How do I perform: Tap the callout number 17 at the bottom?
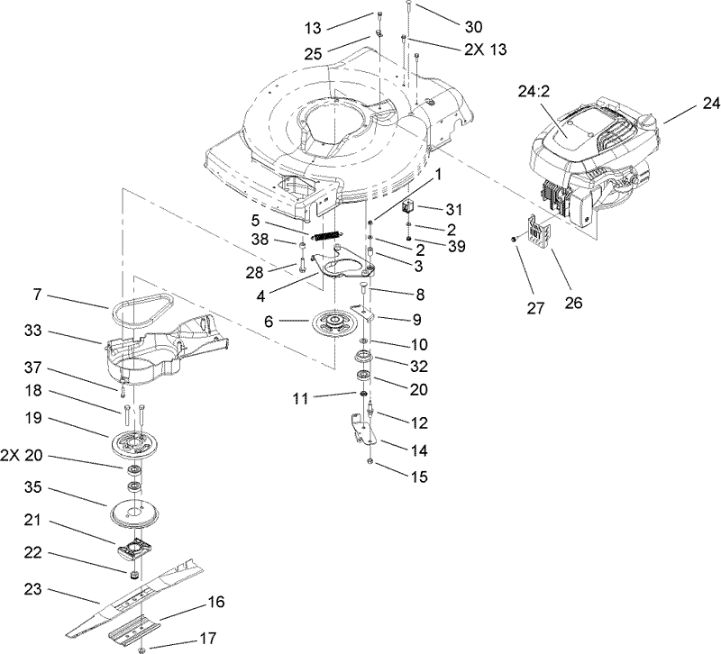pos(208,639)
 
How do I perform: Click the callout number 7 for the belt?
pos(37,295)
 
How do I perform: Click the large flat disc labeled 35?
pos(138,513)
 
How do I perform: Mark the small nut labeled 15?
pos(370,461)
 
